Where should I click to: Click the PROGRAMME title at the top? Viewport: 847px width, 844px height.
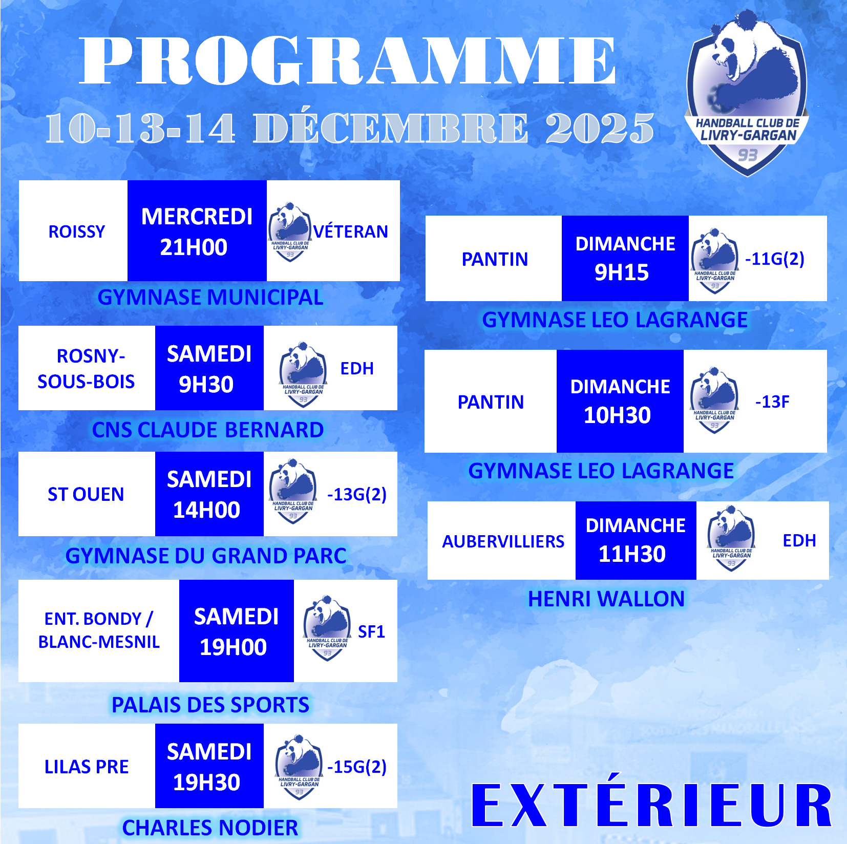tap(348, 60)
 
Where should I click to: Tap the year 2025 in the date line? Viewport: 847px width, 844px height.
tap(600, 128)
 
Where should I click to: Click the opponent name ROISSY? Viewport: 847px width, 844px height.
tap(77, 231)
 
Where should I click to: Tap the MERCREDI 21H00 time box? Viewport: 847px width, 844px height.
tap(197, 230)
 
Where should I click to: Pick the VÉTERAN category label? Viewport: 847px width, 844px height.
tap(351, 231)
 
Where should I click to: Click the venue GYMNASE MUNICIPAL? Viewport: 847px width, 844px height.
tap(210, 297)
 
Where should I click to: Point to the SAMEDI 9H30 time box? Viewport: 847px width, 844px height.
tap(209, 368)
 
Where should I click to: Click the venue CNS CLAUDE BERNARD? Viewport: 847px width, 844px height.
tap(208, 430)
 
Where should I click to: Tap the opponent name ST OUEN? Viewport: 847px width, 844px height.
tap(86, 494)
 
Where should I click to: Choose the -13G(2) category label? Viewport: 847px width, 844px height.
tap(357, 494)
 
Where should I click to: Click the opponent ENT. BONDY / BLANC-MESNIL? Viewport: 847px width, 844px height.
tap(99, 630)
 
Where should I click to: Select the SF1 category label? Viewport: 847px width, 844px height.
tap(371, 631)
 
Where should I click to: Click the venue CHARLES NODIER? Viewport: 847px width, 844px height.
tap(210, 828)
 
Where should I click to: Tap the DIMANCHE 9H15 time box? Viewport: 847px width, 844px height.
tap(625, 258)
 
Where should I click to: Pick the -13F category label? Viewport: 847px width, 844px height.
tap(772, 402)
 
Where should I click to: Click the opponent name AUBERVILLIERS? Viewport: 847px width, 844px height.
tap(503, 541)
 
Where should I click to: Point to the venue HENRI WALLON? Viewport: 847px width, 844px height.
tap(606, 599)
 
